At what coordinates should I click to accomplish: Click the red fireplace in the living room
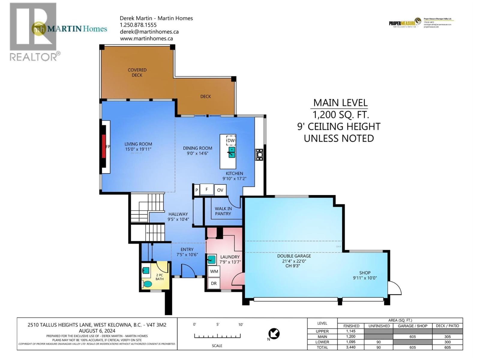tap(103, 146)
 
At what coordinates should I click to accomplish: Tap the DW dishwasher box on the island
tap(231, 140)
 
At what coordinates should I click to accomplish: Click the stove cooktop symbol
tap(259, 154)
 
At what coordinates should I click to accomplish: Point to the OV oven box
tap(220, 190)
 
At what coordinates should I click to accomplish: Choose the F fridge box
tap(206, 189)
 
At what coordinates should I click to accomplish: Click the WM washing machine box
tap(214, 271)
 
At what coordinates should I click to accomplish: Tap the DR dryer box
tap(214, 283)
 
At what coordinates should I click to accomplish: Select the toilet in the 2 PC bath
tap(147, 283)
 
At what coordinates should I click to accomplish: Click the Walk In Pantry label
tap(223, 211)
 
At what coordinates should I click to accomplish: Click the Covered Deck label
tap(137, 72)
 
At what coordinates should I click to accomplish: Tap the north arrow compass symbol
tap(274, 334)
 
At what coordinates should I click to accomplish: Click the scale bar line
tap(217, 336)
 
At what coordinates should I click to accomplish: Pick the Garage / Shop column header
tap(412, 326)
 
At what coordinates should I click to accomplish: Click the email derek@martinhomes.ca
tap(149, 32)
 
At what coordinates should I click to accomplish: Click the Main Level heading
tap(340, 103)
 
